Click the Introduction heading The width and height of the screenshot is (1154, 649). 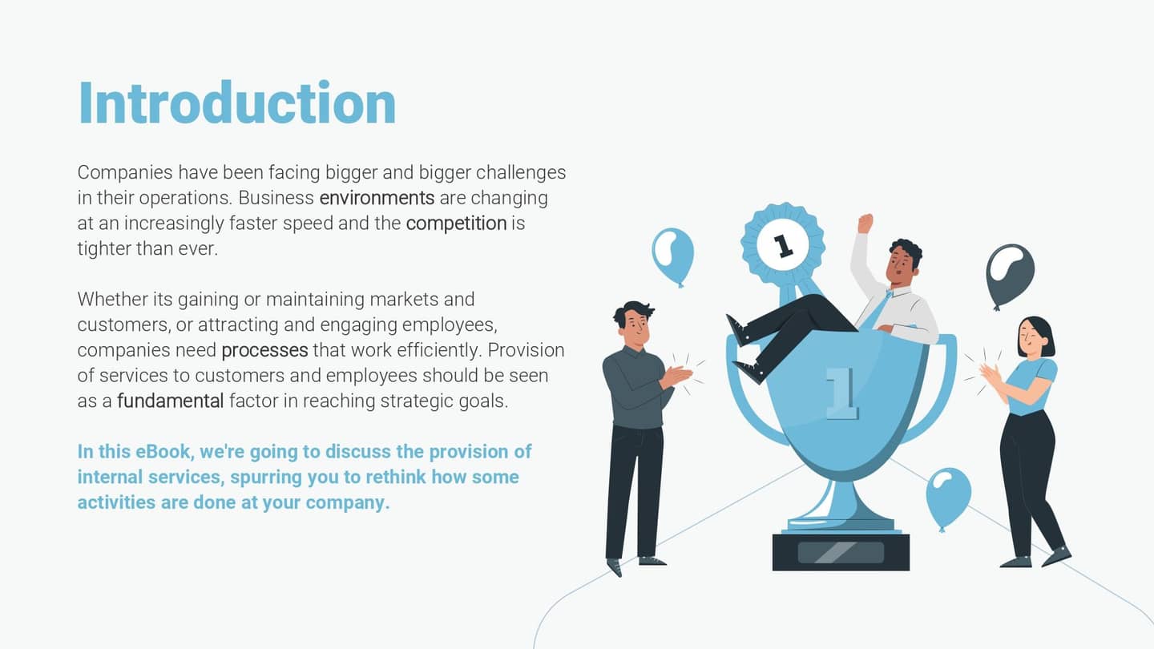pos(237,104)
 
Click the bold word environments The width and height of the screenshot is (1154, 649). pos(377,198)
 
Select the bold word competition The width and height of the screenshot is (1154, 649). pos(456,224)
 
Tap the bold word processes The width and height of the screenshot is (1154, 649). pos(264,350)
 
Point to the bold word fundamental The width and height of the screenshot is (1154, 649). pos(170,401)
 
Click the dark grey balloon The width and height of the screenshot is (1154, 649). pos(1010,271)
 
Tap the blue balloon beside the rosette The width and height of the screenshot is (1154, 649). pos(673,253)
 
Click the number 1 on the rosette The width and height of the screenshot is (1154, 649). pos(783,244)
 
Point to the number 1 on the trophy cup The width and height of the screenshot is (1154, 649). pos(841,393)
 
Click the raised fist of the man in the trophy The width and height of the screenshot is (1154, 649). pos(865,223)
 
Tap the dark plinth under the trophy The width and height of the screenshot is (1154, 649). pos(841,552)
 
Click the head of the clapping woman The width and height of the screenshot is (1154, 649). pos(1035,336)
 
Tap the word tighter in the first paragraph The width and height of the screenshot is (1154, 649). pos(103,249)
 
